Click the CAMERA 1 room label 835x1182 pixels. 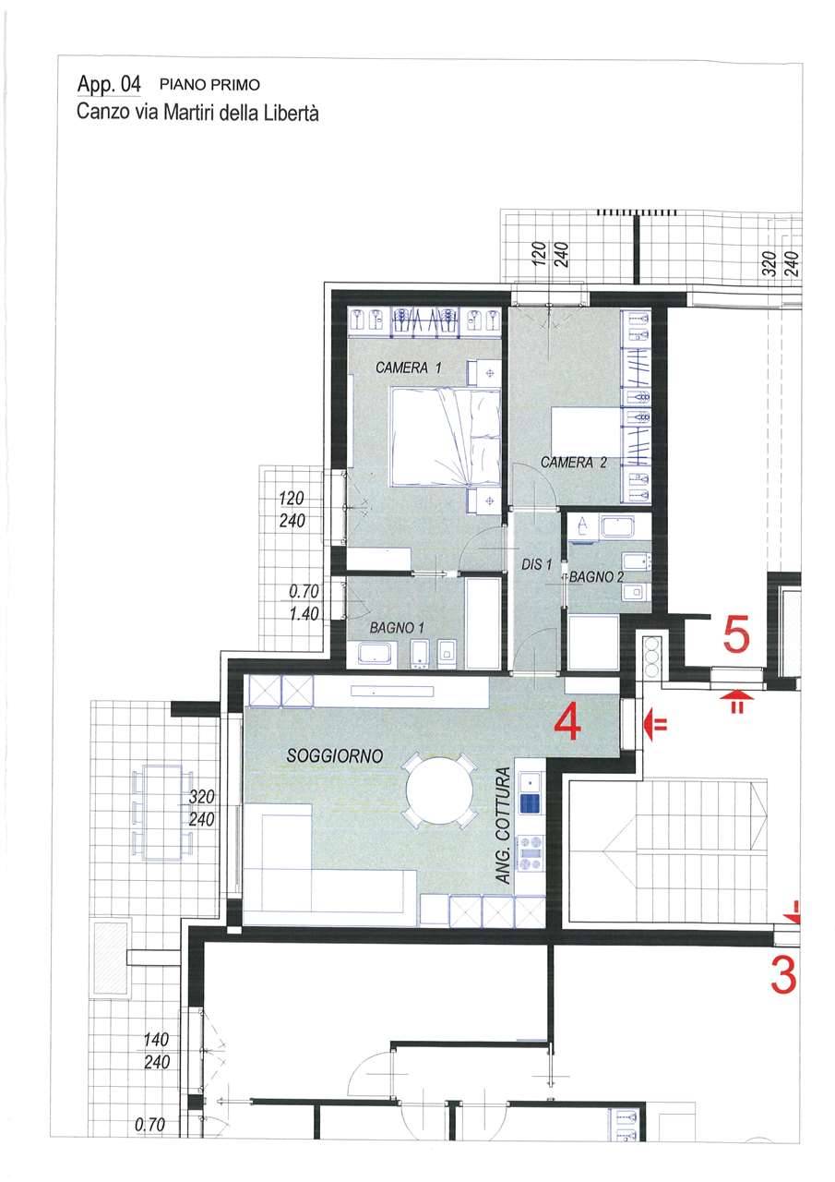point(408,368)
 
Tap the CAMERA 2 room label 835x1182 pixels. point(574,463)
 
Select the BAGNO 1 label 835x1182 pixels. point(397,628)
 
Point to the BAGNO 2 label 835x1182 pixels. point(596,577)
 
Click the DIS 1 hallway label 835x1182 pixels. point(536,564)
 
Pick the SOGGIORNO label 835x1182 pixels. point(334,756)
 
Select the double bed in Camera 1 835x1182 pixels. point(446,437)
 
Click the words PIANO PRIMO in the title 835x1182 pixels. point(209,85)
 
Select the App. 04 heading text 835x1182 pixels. point(109,84)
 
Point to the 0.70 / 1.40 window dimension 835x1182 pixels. point(304,602)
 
